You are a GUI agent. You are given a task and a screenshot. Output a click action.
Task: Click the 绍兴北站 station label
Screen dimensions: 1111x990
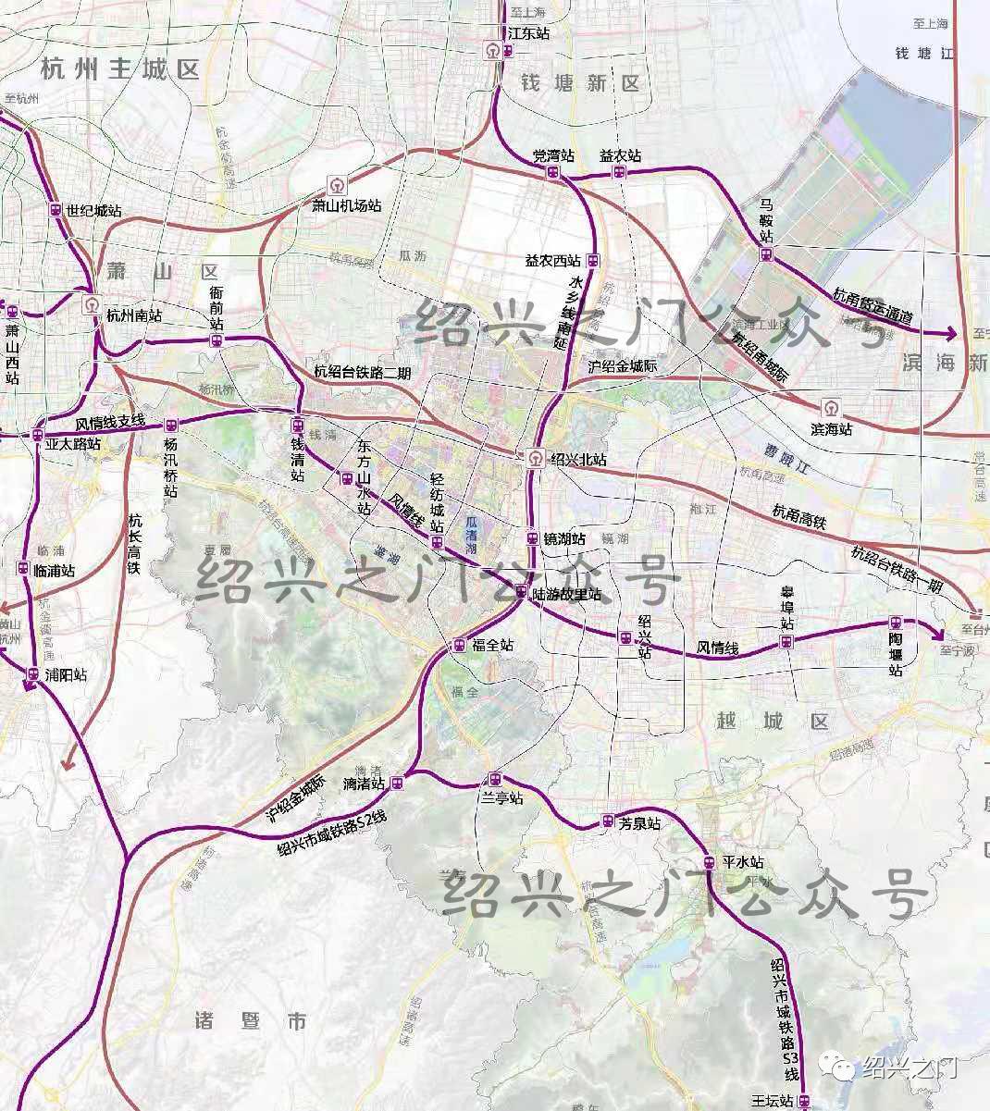click(578, 459)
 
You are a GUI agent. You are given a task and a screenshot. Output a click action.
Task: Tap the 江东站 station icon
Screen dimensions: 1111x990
click(495, 52)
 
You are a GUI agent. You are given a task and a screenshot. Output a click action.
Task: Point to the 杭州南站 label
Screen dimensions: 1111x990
click(134, 315)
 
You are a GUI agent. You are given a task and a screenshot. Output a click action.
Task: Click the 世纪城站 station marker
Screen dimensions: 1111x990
click(56, 210)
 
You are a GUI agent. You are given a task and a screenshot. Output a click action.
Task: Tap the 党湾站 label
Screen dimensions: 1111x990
click(554, 156)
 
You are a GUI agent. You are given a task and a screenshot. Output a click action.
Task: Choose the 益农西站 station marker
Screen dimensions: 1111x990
click(593, 261)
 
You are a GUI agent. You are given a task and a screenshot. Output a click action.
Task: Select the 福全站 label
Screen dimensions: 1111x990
click(492, 646)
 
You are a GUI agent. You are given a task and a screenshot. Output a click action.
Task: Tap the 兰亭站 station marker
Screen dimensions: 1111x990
click(495, 779)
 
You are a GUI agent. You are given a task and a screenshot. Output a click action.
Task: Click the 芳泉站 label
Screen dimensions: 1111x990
click(639, 822)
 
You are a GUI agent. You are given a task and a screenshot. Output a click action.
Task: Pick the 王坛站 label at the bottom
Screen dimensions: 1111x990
click(773, 1101)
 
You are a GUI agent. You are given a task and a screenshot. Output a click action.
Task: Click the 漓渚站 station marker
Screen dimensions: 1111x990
click(397, 784)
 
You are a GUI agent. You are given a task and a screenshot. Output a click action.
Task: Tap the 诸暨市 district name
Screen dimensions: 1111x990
click(251, 1021)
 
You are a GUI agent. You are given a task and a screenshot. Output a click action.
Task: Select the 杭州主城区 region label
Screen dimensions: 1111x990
click(120, 69)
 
